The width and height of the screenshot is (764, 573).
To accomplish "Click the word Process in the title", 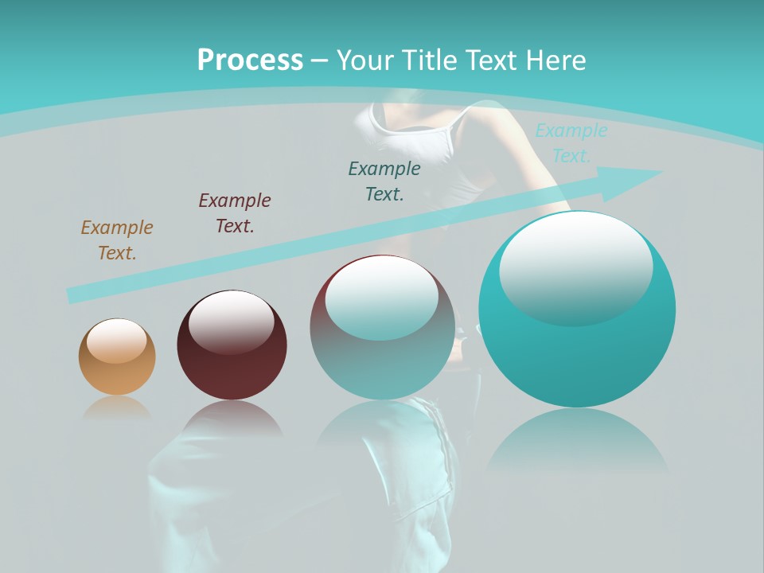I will click(x=250, y=60).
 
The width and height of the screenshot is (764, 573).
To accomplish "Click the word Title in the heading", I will click(x=431, y=60).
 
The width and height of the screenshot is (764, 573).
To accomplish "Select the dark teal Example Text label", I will click(x=384, y=181).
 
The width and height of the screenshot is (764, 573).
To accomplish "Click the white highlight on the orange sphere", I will click(x=117, y=341).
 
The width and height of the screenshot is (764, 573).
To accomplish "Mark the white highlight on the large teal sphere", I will click(x=575, y=267).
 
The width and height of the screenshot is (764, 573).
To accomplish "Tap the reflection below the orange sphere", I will click(x=117, y=407).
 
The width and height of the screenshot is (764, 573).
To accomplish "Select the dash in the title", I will click(x=320, y=60).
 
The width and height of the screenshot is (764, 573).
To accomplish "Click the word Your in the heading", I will click(x=364, y=60).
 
